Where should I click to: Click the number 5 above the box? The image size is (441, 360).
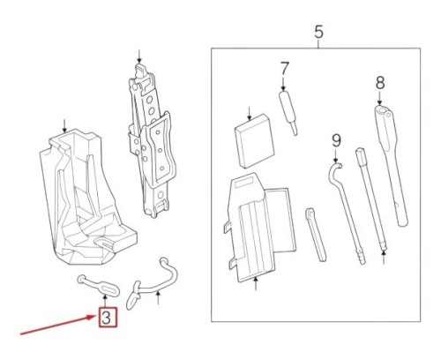319,33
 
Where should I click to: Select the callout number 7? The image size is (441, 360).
284,68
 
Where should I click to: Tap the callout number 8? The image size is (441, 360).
380,83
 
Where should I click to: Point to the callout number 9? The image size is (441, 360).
336,139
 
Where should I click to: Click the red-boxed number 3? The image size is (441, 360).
106,317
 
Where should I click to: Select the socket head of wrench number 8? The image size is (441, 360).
383,116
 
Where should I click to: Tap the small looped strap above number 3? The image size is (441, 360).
97,283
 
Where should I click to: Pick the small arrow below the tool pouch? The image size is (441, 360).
255,284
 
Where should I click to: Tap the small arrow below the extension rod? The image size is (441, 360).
384,259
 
